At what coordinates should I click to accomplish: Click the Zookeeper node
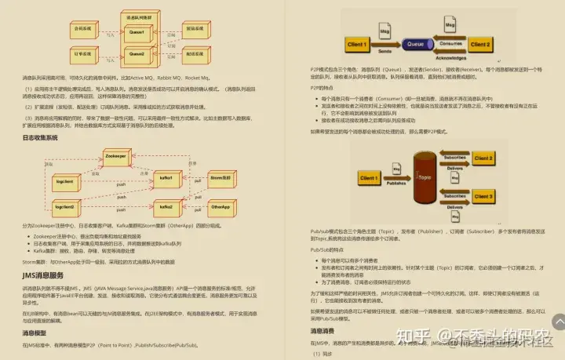point(116,156)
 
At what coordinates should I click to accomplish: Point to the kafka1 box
point(166,180)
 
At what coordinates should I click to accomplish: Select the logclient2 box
point(64,207)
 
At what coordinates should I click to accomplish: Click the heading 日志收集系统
point(40,138)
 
